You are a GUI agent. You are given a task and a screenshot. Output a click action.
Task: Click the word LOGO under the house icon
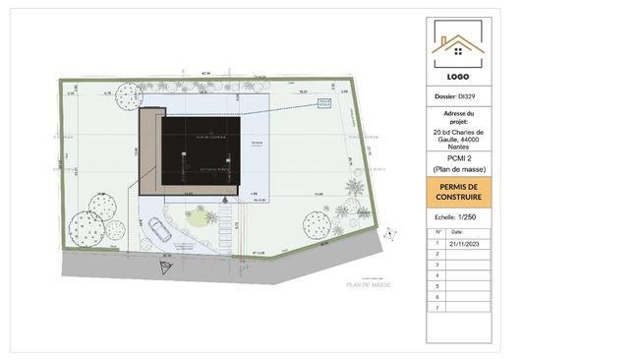click(457, 76)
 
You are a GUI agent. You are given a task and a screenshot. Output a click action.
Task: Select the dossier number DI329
click(457, 96)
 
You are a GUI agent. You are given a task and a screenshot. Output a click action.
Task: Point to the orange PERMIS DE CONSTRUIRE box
click(457, 192)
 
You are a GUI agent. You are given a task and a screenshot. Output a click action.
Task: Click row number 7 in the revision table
click(437, 308)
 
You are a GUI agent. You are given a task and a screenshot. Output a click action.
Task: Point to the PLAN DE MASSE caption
click(369, 284)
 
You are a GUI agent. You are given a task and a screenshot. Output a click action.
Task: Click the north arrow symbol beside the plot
click(391, 232)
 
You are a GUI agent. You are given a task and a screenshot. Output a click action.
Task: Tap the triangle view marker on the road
click(166, 266)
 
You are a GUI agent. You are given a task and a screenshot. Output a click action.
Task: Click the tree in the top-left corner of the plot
click(126, 96)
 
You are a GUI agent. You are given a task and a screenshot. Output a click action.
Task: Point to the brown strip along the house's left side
click(150, 152)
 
